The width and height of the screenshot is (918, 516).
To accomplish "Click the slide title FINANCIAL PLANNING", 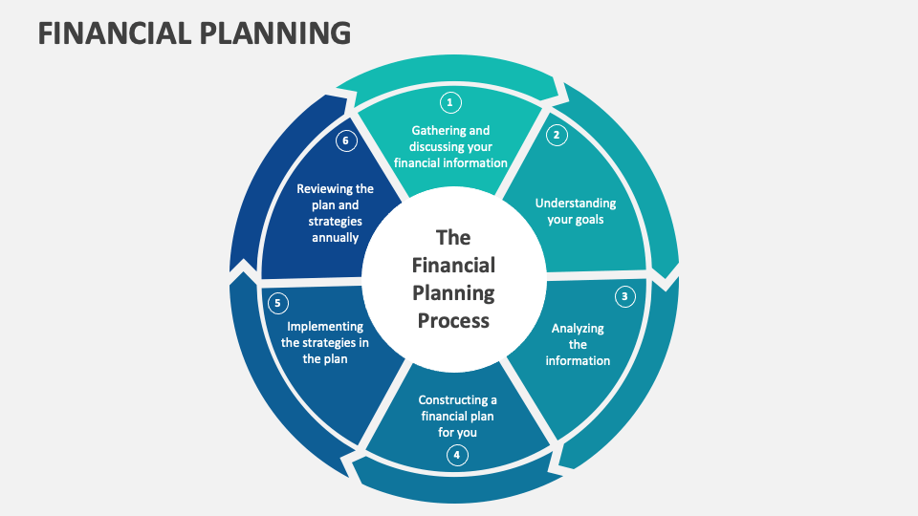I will (194, 33).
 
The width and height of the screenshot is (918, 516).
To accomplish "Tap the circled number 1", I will (449, 102).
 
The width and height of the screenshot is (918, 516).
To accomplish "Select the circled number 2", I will (557, 135).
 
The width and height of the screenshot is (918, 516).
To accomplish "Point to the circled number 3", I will (624, 296).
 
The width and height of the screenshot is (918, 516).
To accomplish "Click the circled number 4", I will (457, 455).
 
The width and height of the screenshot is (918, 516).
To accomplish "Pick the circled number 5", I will (277, 304).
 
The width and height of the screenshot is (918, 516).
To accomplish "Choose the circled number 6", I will (347, 141).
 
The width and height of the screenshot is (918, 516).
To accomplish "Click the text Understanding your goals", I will (575, 211).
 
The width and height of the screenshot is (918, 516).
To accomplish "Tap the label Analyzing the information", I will (578, 344).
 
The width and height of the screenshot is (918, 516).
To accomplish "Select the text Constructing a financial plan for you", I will (457, 416).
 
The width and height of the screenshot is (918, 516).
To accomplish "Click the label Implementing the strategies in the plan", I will (325, 342).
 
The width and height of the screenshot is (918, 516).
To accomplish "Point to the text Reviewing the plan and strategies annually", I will (335, 213).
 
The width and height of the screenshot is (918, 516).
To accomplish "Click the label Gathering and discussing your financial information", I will (450, 146).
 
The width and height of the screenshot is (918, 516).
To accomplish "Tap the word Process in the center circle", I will (453, 320).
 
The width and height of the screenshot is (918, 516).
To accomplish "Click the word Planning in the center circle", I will (453, 292).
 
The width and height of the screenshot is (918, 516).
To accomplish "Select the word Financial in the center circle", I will (453, 265).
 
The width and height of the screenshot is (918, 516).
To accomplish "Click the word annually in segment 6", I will (335, 237).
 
